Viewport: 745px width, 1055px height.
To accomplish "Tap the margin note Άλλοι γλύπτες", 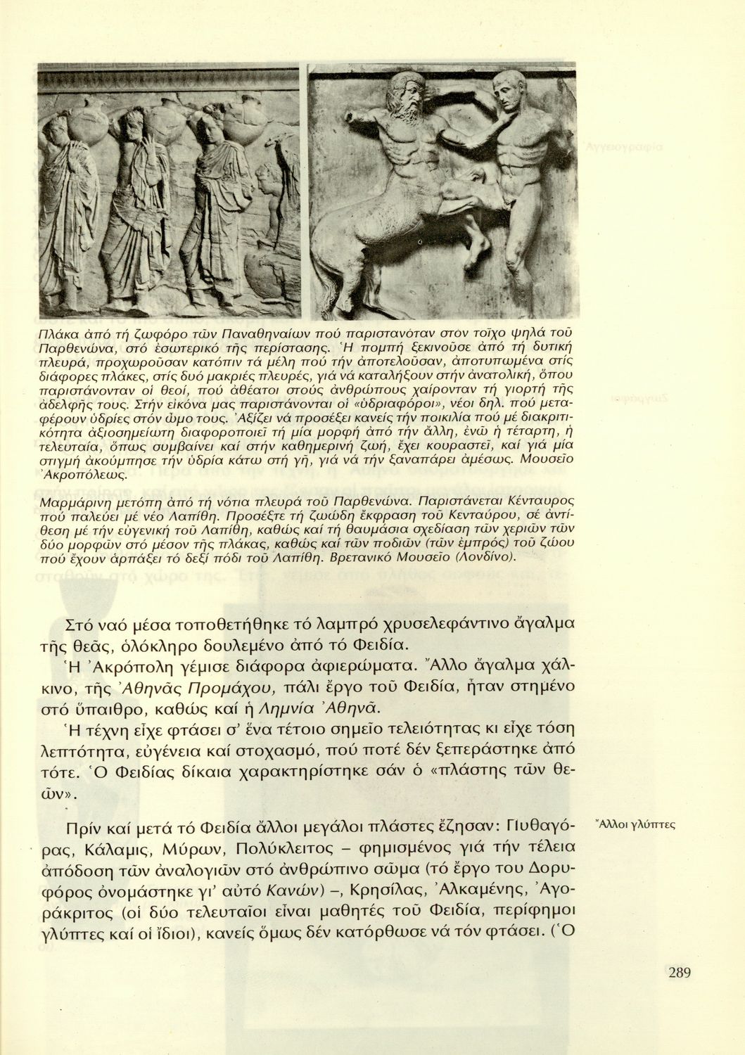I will [635, 824].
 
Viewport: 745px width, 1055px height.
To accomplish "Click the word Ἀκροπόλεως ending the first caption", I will [97, 476].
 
